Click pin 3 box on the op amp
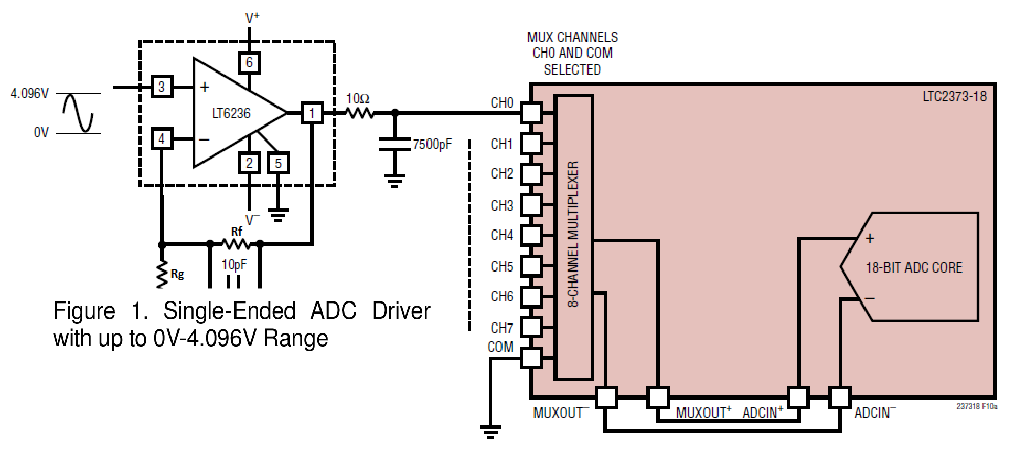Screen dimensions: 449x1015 pyautogui.click(x=162, y=87)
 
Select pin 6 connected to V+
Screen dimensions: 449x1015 pyautogui.click(x=249, y=62)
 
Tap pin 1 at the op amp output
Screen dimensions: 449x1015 pyautogui.click(x=312, y=113)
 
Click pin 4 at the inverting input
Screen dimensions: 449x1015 pyautogui.click(x=162, y=139)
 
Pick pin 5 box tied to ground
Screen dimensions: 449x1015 pyautogui.click(x=278, y=163)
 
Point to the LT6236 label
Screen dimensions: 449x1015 pyautogui.click(x=231, y=113)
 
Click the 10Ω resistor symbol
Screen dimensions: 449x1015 pyautogui.click(x=359, y=112)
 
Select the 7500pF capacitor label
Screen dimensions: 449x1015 pyautogui.click(x=432, y=144)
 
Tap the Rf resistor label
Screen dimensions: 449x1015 pyautogui.click(x=237, y=232)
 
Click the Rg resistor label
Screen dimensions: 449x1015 pyautogui.click(x=177, y=274)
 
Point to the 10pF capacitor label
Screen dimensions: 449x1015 pyautogui.click(x=234, y=265)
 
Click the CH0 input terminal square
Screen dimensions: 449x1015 pyautogui.click(x=531, y=112)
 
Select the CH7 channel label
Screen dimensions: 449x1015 pyautogui.click(x=501, y=328)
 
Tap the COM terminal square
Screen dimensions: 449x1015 pyautogui.click(x=531, y=358)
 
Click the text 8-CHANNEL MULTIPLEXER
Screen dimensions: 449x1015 pyautogui.click(x=573, y=234)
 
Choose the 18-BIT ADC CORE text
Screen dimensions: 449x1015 pyautogui.click(x=914, y=268)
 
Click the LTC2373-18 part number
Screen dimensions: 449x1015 pyautogui.click(x=955, y=97)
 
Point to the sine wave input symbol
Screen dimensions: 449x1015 pyautogui.click(x=78, y=113)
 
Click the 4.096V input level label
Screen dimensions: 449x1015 pyautogui.click(x=29, y=94)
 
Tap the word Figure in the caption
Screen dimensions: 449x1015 pyautogui.click(x=84, y=311)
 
